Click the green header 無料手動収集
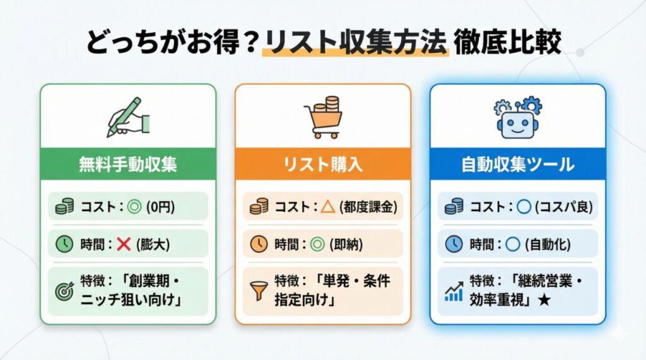tap(128, 165)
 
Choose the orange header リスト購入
tap(323, 165)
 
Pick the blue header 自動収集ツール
tap(517, 165)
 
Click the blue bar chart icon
tap(454, 290)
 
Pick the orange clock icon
tap(259, 244)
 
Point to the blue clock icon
tap(454, 244)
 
